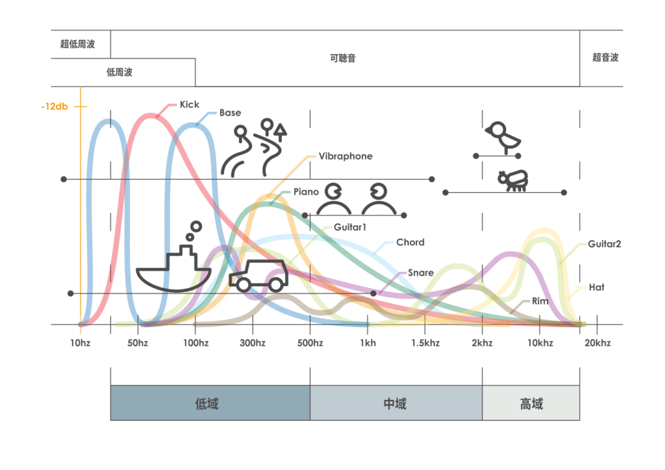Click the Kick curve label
click(189, 105)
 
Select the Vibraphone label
click(345, 156)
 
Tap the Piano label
click(306, 192)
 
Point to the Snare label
click(421, 273)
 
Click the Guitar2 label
click(605, 244)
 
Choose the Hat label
click(596, 287)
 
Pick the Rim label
click(540, 301)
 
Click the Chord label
click(410, 242)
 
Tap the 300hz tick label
click(253, 343)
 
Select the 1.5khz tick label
click(425, 343)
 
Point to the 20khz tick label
click(596, 343)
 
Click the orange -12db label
click(54, 106)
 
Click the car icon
click(258, 275)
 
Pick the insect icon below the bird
click(513, 180)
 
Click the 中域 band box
click(395, 403)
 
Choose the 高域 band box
click(531, 403)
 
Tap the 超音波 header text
click(605, 57)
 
